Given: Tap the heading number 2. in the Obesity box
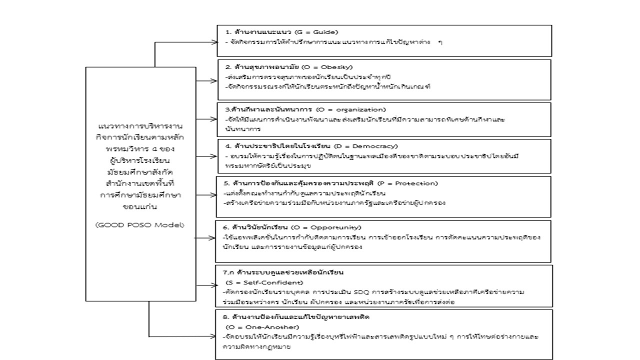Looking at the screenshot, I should [x=227, y=66].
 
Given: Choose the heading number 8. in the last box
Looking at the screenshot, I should [x=226, y=317].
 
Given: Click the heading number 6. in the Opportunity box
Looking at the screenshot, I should [x=226, y=227].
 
